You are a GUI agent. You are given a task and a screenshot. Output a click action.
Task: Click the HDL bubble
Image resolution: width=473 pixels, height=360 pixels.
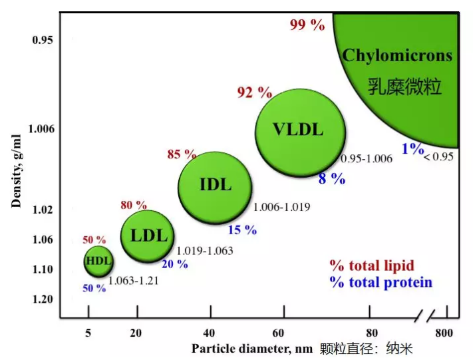point(98,261)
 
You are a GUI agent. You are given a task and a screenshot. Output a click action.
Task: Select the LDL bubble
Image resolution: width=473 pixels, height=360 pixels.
point(147,234)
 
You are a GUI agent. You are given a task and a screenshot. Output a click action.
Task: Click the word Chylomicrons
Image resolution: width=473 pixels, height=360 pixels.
point(397,55)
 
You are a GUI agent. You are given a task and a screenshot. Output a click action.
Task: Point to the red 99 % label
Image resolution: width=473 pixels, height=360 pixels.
point(307,25)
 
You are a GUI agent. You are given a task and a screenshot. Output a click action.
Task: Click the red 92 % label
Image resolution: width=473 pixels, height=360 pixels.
point(255,92)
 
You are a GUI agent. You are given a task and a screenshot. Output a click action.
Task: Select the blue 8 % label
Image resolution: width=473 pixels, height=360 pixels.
point(331,178)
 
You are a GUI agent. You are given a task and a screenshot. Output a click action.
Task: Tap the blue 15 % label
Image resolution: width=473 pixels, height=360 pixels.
point(242,230)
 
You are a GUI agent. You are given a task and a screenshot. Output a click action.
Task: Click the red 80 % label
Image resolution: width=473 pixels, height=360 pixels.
point(134,205)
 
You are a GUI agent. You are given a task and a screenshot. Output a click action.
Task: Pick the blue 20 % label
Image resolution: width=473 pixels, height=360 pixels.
point(175,264)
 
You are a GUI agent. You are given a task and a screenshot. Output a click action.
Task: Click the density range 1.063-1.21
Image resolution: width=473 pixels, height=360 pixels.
point(133,280)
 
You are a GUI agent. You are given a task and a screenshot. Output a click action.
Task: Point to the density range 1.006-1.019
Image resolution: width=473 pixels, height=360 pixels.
point(281,207)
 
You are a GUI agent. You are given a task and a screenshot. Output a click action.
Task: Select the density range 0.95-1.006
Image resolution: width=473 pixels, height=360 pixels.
point(367,159)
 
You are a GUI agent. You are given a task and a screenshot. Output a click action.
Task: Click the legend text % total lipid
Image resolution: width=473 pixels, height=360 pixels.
point(381,266)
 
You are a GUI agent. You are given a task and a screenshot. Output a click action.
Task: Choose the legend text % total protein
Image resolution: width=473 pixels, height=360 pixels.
point(381,283)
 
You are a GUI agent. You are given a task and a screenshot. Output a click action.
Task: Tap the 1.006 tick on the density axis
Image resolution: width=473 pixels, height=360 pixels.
point(41,128)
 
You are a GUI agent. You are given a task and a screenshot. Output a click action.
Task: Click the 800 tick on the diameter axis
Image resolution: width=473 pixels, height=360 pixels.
point(446,333)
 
